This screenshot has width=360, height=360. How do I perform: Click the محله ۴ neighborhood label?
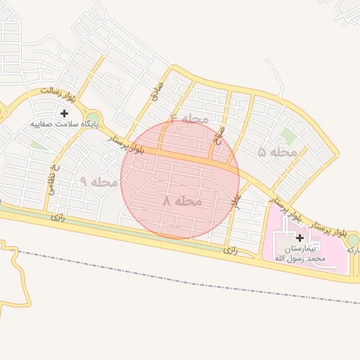[x=189, y=118]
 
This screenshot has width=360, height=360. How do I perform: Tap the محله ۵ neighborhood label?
[x=277, y=152]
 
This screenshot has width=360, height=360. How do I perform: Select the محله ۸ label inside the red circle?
[x=182, y=201]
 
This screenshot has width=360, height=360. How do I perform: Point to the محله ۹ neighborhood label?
[x=98, y=181]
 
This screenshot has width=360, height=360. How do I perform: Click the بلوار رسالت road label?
[x=56, y=91]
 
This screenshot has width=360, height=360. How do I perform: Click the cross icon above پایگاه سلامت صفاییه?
[x=65, y=112]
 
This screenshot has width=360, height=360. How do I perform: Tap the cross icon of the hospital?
[x=300, y=238]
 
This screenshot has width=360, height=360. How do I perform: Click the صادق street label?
[x=156, y=91]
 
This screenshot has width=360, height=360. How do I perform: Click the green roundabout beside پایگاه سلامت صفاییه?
[x=92, y=120]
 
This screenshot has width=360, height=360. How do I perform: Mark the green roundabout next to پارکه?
[x=352, y=240]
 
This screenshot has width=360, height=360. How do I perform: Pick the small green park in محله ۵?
[x=287, y=136]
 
